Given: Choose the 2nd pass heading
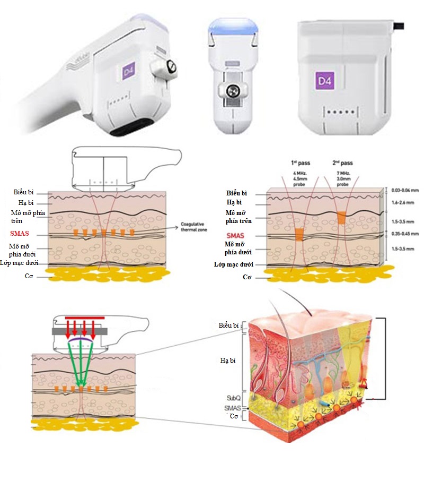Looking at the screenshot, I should tap(343, 162).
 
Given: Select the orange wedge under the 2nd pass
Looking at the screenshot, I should tap(341, 216).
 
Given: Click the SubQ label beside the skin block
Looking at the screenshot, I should tap(234, 398).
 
